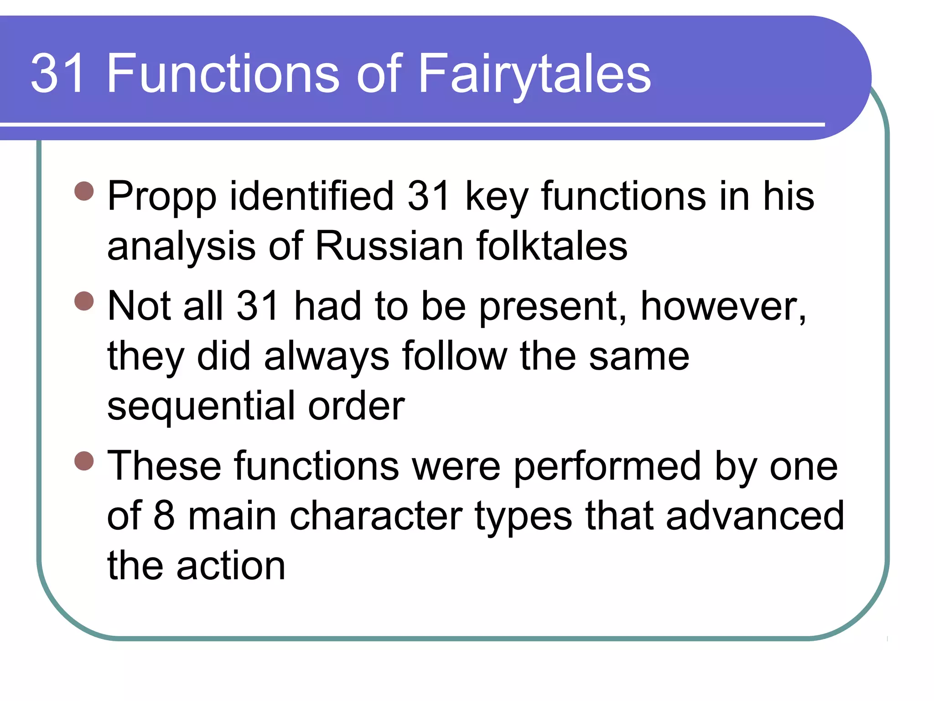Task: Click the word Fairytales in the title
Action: tap(534, 74)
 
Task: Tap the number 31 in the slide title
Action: tap(58, 74)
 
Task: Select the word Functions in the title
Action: tap(223, 74)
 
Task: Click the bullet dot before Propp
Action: tap(84, 191)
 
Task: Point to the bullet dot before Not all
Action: tap(84, 301)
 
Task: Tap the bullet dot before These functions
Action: tap(84, 460)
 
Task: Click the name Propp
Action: tap(161, 197)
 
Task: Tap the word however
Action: tap(723, 307)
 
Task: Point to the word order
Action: tap(356, 406)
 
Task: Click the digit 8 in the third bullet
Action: tap(164, 516)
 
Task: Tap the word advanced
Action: tap(755, 516)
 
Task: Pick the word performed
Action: tap(607, 466)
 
